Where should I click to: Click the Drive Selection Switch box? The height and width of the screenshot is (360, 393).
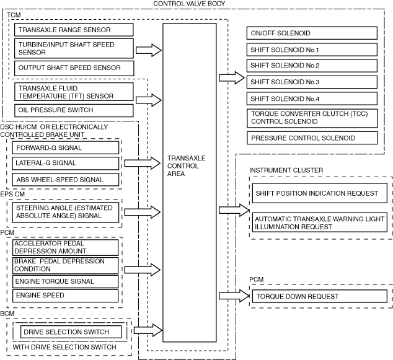[x=73, y=332]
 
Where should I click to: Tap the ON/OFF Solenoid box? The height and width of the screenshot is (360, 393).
[x=312, y=33]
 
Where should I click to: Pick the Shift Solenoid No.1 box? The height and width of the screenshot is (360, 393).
[x=312, y=50]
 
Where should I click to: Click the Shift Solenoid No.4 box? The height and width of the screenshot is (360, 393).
[x=312, y=99]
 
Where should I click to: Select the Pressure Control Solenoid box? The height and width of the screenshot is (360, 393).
[x=312, y=138]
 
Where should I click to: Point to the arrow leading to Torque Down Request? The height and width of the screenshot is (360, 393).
[x=231, y=296]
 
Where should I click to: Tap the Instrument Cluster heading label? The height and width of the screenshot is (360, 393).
[x=286, y=170]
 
